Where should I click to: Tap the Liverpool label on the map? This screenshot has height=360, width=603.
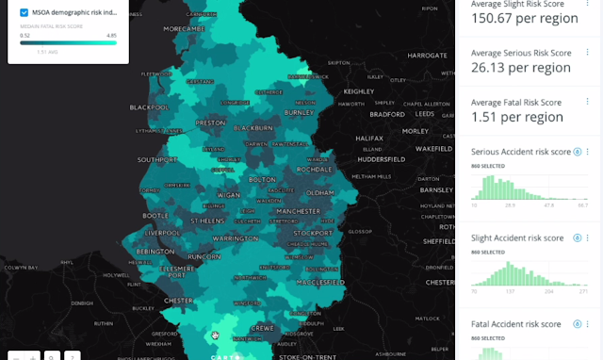pyautogui.click(x=163, y=232)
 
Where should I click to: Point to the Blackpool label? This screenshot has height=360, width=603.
pyautogui.click(x=149, y=106)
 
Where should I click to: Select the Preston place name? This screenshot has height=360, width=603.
pyautogui.click(x=210, y=123)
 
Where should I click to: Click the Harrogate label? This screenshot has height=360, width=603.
pyautogui.click(x=428, y=56)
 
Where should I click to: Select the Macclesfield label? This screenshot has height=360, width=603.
pyautogui.click(x=318, y=282)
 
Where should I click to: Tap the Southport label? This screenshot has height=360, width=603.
pyautogui.click(x=157, y=160)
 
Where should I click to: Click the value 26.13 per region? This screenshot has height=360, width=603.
pyautogui.click(x=521, y=68)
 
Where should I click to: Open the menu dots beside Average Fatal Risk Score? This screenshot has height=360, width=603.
pyautogui.click(x=588, y=102)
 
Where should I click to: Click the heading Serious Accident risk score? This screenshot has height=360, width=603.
pyautogui.click(x=521, y=152)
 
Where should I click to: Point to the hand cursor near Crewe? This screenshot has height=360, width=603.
pyautogui.click(x=216, y=335)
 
